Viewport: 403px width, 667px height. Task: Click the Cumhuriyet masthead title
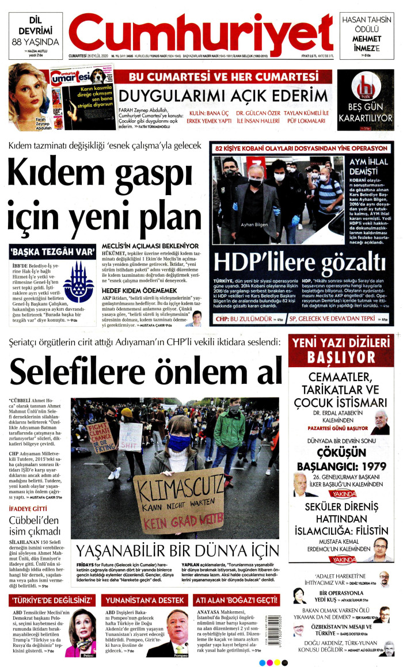click(x=201, y=30)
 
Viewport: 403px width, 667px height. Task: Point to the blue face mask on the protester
click(x=179, y=443)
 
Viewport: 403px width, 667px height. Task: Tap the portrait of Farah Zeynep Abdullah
click(x=28, y=92)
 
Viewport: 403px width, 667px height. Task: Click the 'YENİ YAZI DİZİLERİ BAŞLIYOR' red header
click(x=341, y=350)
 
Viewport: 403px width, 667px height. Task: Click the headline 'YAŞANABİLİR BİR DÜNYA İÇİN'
click(x=178, y=552)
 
